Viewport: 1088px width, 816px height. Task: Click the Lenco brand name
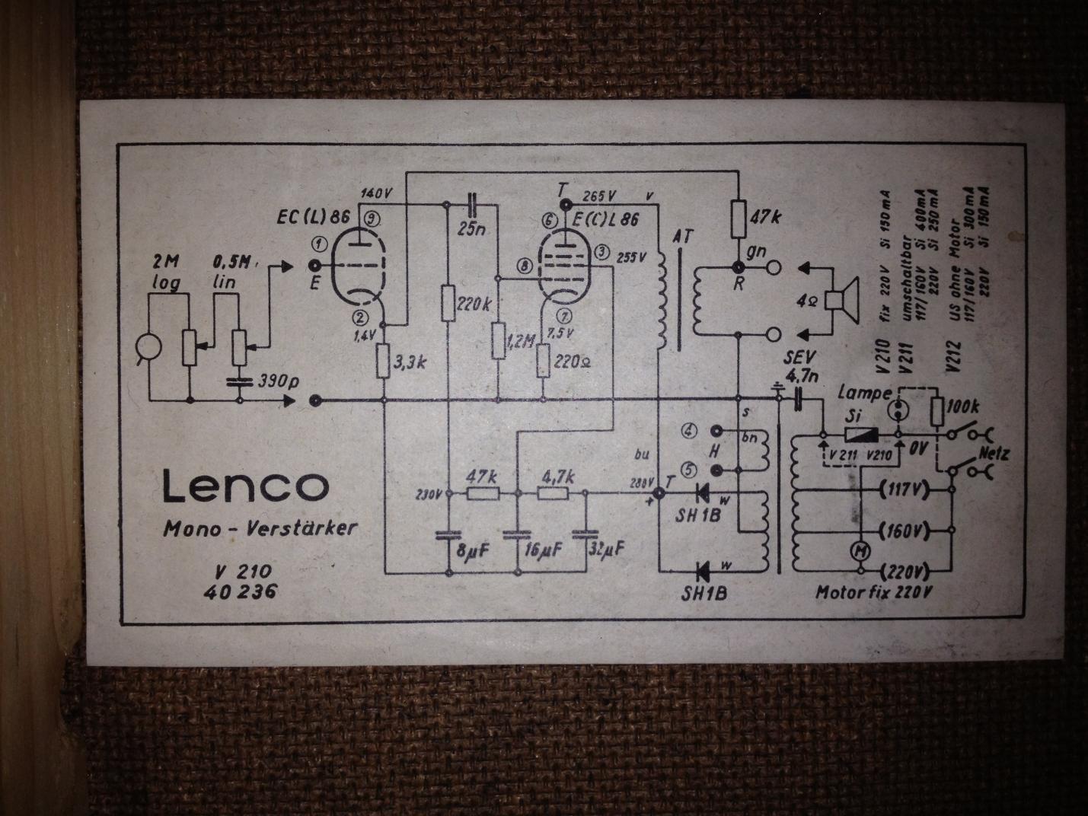pyautogui.click(x=245, y=485)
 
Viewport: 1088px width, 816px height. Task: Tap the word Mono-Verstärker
pyautogui.click(x=260, y=528)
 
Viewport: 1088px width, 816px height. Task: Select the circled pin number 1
pyautogui.click(x=319, y=243)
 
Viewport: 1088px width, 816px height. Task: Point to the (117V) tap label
pyautogui.click(x=903, y=489)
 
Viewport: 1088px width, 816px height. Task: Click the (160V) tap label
pyautogui.click(x=903, y=530)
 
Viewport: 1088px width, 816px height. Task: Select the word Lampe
pyautogui.click(x=863, y=393)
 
